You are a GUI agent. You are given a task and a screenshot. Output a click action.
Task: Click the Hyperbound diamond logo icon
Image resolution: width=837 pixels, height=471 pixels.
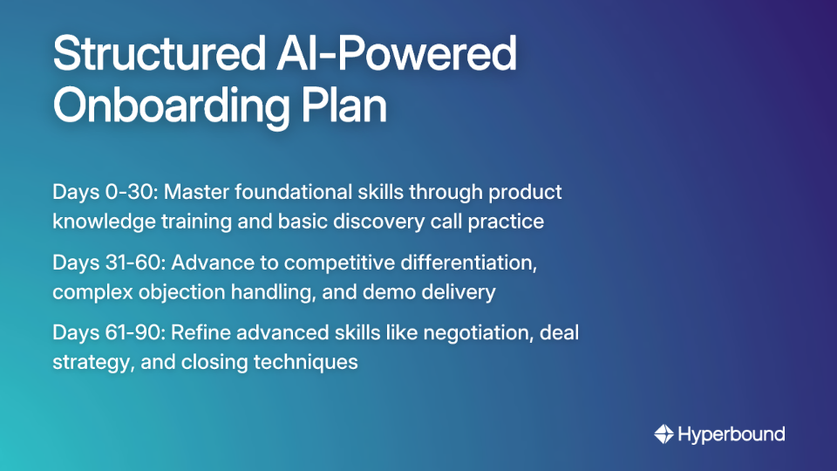(663, 433)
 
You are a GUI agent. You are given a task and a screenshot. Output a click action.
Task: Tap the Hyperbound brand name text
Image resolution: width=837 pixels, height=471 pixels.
(732, 434)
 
